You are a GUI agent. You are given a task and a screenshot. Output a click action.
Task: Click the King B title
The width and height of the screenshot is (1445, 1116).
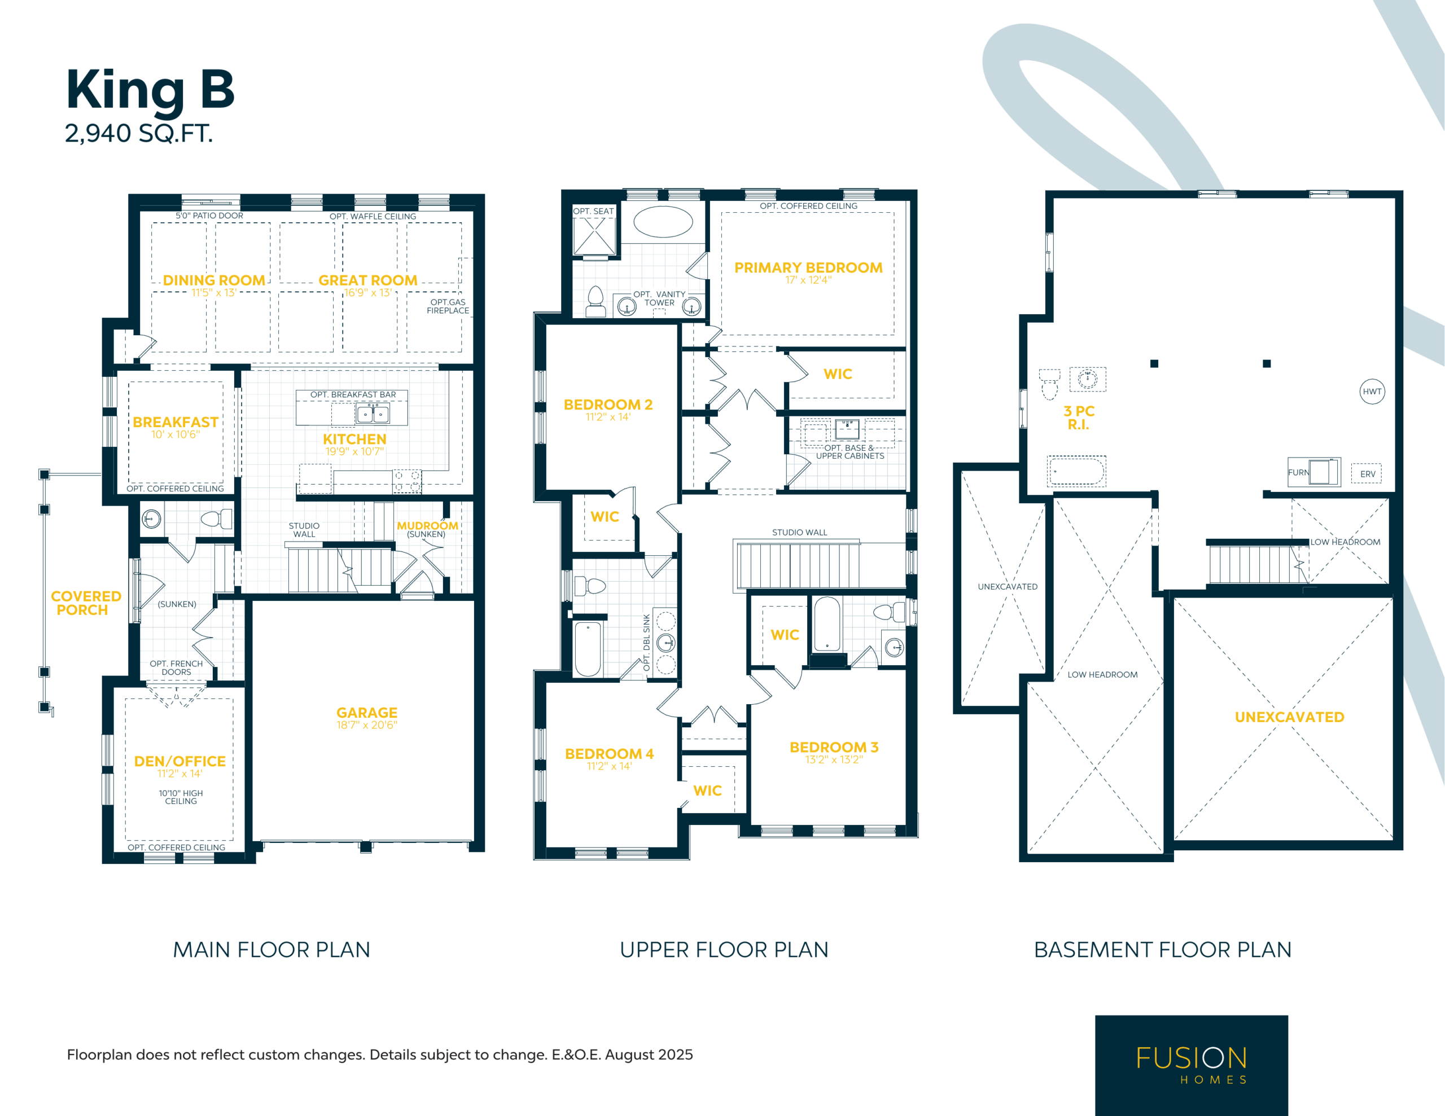point(150,91)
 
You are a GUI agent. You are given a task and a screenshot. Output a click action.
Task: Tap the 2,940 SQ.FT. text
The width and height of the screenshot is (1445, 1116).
point(139,134)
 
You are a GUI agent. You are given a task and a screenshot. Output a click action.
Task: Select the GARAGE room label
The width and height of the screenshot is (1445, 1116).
point(366,713)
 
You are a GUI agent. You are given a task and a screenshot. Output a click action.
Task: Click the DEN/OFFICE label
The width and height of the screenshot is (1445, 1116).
point(180,762)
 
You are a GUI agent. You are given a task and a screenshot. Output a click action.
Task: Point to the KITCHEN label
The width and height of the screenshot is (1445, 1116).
point(354,440)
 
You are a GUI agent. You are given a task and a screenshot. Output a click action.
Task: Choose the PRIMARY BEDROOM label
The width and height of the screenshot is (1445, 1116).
point(808,268)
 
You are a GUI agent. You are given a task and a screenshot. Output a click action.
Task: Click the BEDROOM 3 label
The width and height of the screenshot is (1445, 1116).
point(834,748)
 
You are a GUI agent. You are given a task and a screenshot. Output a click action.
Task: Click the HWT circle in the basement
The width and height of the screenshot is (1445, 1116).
point(1372,392)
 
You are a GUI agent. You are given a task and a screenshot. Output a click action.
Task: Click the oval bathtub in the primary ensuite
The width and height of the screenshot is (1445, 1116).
point(663,222)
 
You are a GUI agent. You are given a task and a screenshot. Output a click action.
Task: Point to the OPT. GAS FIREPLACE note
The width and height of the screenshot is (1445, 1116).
point(448,306)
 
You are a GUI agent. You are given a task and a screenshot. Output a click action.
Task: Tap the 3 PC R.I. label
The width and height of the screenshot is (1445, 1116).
point(1079,418)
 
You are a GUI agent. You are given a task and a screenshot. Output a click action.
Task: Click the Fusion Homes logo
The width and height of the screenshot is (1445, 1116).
point(1192,1065)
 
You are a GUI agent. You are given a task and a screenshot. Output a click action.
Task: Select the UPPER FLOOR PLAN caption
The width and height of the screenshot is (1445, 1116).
point(724,950)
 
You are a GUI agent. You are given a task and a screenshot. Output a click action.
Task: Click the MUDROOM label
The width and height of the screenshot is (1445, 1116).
point(427,526)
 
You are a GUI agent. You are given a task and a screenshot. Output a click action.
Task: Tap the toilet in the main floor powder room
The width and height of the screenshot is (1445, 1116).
point(217,519)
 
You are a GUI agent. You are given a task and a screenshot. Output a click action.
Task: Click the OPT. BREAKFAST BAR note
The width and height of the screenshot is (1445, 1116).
point(353,395)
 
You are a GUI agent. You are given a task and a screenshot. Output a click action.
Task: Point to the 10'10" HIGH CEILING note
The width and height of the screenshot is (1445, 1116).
point(181,797)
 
